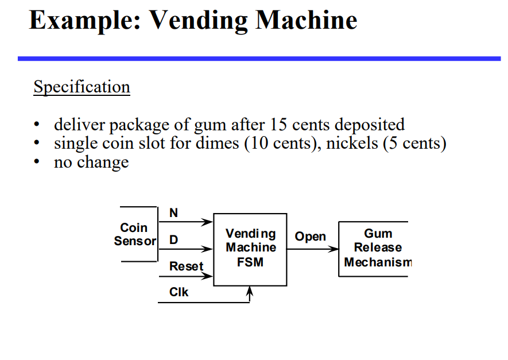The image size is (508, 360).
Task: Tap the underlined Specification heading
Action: [x=82, y=87]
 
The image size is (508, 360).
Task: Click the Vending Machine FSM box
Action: [x=250, y=249]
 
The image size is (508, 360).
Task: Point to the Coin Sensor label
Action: [x=134, y=235]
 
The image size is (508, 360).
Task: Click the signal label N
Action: [x=173, y=213]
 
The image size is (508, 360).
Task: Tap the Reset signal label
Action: [x=186, y=266]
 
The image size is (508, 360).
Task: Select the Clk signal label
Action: [x=179, y=292]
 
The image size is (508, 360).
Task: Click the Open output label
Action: [x=310, y=237]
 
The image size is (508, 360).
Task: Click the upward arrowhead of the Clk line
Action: [x=249, y=292]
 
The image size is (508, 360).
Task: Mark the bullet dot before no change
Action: [x=37, y=162]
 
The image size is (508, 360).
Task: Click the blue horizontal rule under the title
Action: [x=259, y=59]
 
